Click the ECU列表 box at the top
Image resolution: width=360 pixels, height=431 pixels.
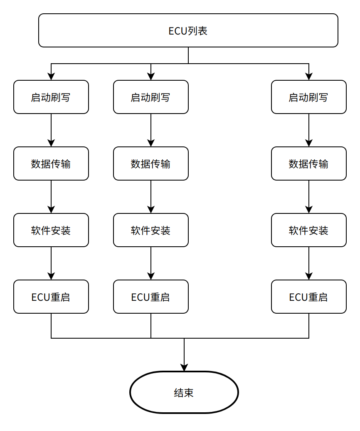tap(188, 30)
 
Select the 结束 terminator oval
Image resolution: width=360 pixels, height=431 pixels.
tap(184, 392)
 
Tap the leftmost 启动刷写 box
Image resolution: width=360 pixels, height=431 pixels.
tap(51, 97)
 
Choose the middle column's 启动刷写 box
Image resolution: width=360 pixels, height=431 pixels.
tap(151, 97)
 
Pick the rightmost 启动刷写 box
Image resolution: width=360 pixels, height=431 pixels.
tap(308, 97)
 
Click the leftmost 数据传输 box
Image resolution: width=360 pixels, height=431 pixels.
tap(51, 163)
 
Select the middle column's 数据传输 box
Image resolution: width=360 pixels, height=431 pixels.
tap(151, 163)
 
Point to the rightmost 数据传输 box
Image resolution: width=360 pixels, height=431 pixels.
tap(308, 163)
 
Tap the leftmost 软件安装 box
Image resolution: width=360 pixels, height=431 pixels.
tap(51, 230)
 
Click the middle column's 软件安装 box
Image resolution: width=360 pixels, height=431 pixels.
tap(151, 230)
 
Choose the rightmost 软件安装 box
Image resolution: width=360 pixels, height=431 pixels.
tap(308, 230)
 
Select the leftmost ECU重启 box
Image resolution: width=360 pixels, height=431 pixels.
tap(51, 297)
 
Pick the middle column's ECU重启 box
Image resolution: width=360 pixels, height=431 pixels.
tap(151, 297)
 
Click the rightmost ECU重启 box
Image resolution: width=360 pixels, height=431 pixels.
tap(308, 297)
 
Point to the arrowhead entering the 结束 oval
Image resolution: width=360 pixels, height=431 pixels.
tap(184, 367)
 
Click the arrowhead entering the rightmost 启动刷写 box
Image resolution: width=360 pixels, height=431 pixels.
tap(309, 77)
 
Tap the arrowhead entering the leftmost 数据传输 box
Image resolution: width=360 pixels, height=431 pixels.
tap(51, 143)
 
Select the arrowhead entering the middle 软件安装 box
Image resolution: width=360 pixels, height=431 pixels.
tap(151, 209)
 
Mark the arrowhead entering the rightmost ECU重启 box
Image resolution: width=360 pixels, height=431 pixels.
tap(309, 276)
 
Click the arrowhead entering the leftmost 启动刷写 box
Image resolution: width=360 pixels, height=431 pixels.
tap(51, 77)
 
